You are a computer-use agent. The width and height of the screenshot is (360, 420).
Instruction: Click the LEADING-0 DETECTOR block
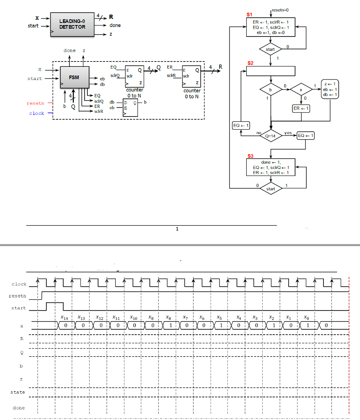point(72,24)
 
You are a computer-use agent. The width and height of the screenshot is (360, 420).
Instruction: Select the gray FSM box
point(74,77)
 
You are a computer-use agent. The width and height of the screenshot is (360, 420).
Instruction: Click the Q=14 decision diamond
point(271,135)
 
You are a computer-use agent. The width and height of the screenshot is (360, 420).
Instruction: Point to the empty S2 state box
point(271,71)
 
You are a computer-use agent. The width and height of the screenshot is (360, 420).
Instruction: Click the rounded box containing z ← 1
point(330,89)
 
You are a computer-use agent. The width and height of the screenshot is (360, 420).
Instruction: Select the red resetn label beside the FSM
point(35,103)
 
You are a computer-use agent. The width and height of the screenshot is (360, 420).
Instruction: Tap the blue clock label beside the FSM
point(37,113)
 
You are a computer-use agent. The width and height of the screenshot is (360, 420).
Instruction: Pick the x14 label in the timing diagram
point(64,317)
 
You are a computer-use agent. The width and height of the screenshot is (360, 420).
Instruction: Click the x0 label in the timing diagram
point(307,317)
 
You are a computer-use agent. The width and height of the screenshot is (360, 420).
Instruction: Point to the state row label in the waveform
point(18,392)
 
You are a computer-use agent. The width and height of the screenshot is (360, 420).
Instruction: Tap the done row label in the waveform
point(18,408)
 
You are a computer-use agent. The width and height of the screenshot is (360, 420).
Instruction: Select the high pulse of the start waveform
point(55,306)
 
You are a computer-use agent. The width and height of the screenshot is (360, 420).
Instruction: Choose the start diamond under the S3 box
point(271,189)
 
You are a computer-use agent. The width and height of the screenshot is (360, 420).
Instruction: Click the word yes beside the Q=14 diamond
point(288,133)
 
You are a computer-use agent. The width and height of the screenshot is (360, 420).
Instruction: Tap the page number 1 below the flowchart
point(177,229)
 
